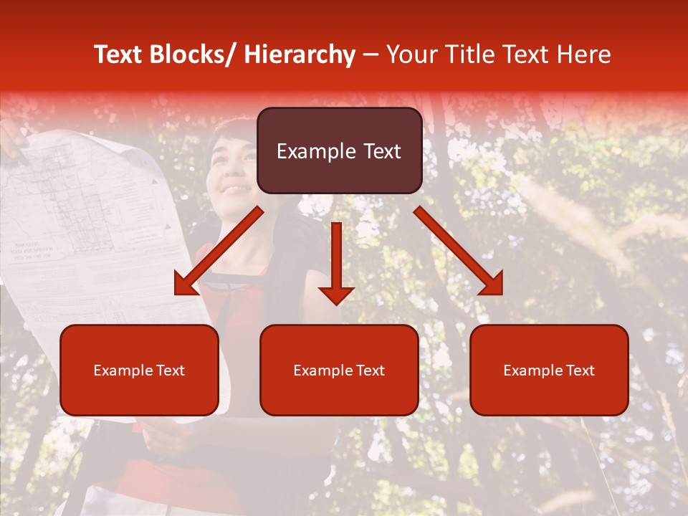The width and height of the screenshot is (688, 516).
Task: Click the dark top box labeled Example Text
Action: [x=339, y=150]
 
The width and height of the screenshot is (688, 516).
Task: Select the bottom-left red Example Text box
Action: [x=139, y=370]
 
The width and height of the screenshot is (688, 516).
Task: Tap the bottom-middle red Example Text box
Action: [x=339, y=370]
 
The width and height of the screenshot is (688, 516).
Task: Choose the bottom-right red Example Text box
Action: [x=549, y=370]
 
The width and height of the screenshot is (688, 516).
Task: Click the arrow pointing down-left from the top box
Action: [x=218, y=252]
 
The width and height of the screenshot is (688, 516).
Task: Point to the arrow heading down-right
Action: [x=459, y=252]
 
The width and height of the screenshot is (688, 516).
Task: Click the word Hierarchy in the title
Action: [x=299, y=54]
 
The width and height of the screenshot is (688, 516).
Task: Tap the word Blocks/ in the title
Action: [x=198, y=54]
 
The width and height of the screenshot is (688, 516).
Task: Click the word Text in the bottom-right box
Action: [x=580, y=371]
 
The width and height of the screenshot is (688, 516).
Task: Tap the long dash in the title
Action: [x=371, y=54]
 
